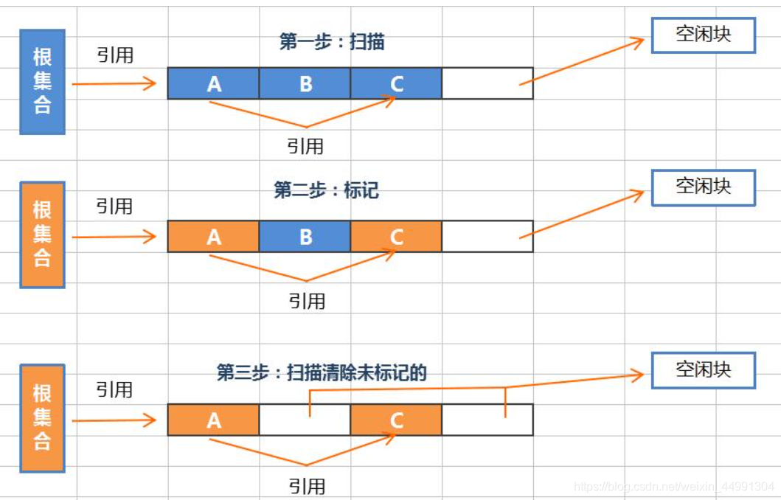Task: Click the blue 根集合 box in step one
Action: pos(42,82)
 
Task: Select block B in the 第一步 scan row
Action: pos(305,83)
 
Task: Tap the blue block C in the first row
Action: pos(396,83)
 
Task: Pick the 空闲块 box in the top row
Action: pos(703,35)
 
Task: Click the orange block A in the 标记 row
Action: pos(213,237)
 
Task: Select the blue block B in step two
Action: pos(305,237)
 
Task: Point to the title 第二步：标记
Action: pos(326,191)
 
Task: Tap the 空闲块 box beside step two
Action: pos(703,187)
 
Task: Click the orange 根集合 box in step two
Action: pos(42,235)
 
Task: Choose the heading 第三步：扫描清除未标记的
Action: pos(322,372)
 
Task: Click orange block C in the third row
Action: pos(396,420)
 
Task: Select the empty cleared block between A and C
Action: pos(305,420)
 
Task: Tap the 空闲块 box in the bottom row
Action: pos(703,369)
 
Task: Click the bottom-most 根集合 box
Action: pos(42,417)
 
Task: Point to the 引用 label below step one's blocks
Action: pos(305,146)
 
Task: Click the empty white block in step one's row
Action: pos(487,83)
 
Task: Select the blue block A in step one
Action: pos(213,83)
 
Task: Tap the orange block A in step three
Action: pos(213,420)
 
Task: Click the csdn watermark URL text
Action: pos(674,487)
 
